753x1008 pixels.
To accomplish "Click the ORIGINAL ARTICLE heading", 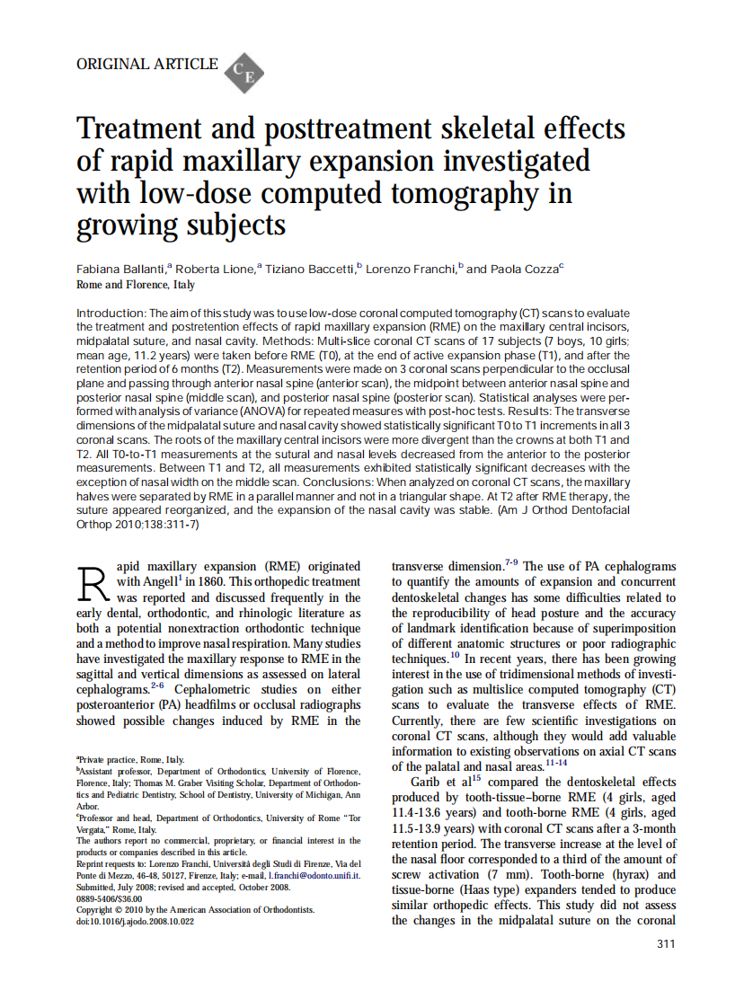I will click(147, 64).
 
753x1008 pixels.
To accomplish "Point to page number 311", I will click(666, 943).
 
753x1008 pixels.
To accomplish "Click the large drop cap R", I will click(94, 585).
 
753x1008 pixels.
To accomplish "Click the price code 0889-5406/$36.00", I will click(110, 897).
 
